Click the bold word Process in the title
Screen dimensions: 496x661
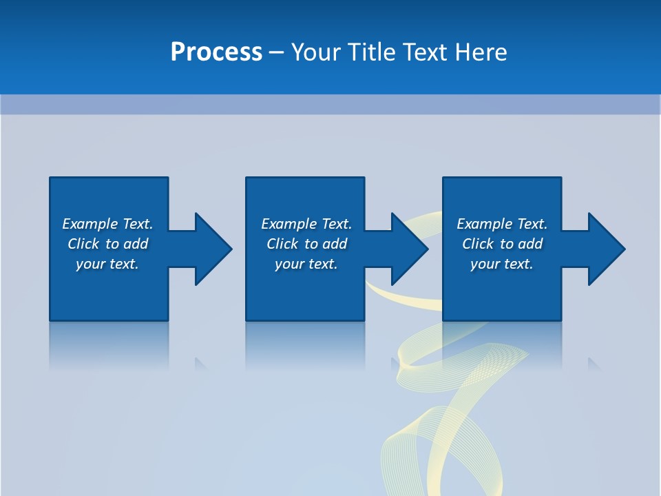[216, 52]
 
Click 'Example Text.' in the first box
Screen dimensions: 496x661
[107, 224]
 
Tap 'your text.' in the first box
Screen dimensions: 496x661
[107, 264]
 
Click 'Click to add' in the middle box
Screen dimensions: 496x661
[306, 244]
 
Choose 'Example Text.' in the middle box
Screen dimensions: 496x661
[306, 224]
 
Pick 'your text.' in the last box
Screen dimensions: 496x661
[502, 264]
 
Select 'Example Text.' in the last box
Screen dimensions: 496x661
[502, 224]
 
